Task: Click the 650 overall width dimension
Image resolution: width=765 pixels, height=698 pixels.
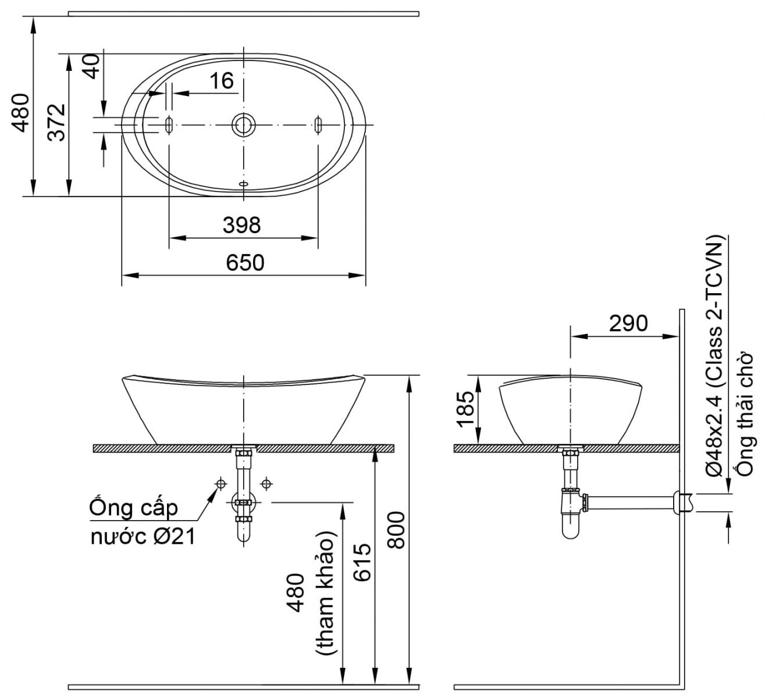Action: click(x=245, y=263)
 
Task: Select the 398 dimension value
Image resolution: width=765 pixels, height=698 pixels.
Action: click(x=242, y=225)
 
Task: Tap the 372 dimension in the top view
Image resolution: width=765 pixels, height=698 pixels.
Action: click(x=56, y=123)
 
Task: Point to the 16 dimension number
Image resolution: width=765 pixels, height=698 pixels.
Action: click(x=222, y=81)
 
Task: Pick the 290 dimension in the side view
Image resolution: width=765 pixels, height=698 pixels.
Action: click(x=628, y=323)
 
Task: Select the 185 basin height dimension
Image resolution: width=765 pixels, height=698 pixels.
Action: click(x=465, y=409)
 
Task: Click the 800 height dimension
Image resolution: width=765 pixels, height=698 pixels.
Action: click(x=396, y=530)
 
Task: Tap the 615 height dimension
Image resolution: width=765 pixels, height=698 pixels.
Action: click(x=362, y=562)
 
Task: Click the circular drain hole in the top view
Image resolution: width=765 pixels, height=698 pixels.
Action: click(x=243, y=124)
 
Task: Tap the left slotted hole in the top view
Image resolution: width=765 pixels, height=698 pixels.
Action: click(x=169, y=124)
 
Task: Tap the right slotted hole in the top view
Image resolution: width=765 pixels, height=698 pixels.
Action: click(x=318, y=124)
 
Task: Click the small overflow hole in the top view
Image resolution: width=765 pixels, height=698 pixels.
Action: click(x=243, y=184)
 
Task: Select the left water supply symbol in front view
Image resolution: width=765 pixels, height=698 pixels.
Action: click(x=220, y=483)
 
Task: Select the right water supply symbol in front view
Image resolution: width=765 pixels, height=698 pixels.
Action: click(x=266, y=483)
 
